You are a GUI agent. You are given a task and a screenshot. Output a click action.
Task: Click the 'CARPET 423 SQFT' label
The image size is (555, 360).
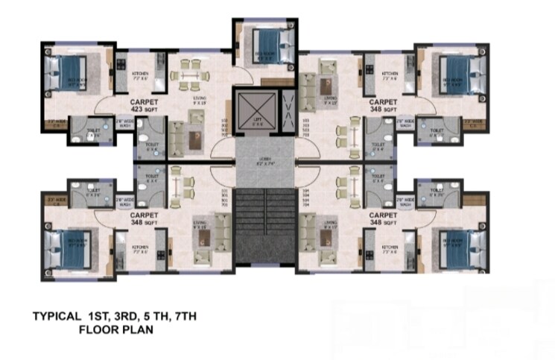[x=145, y=104]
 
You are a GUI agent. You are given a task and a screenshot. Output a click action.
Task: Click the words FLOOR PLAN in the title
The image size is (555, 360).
[x=115, y=327]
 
